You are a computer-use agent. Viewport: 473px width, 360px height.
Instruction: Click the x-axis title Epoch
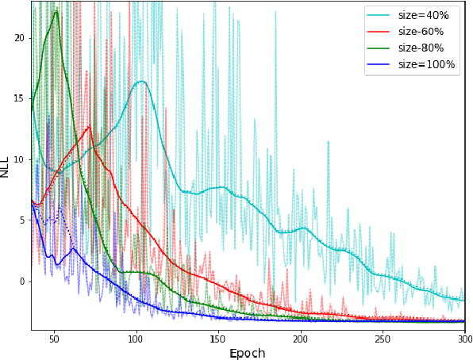point(248,353)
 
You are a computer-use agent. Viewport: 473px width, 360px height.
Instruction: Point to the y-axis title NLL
point(6,166)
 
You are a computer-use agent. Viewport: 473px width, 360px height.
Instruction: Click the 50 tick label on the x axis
point(54,339)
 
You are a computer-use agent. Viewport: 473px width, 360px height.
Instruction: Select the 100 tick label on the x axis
point(137,339)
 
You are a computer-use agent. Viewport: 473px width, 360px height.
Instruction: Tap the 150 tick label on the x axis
point(218,339)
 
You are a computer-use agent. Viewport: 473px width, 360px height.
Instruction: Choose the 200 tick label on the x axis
point(301,339)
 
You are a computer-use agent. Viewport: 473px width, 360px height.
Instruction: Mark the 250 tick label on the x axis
point(383,339)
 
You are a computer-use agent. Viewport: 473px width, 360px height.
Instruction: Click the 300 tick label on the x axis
point(464,339)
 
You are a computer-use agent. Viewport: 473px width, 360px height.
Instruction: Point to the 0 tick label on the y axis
point(22,281)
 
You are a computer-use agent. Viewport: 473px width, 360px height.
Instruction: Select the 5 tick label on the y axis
point(22,220)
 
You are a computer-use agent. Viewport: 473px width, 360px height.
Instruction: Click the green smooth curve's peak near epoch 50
point(56,11)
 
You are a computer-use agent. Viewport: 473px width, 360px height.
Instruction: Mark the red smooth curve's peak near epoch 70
point(90,125)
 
